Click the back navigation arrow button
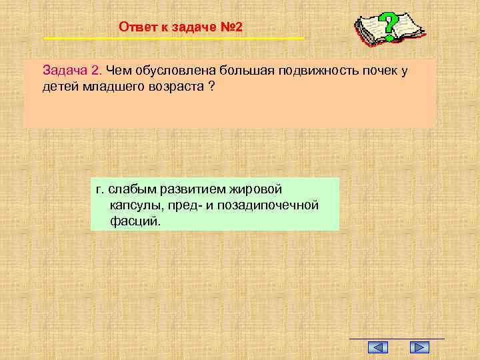point(378,347)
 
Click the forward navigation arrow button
point(419,347)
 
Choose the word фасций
point(135,221)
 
